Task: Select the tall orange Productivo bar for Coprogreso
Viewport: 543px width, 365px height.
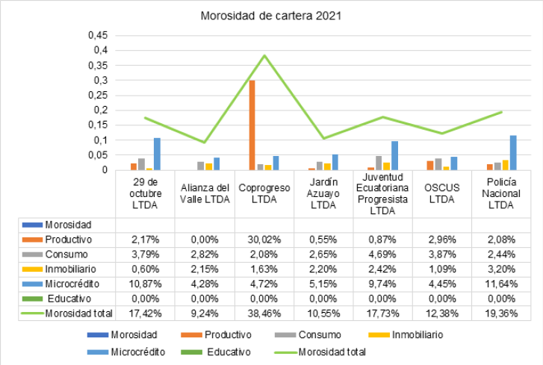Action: coord(252,125)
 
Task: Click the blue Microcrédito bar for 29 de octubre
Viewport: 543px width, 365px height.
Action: coord(157,154)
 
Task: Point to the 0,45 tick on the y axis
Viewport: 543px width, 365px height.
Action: coord(99,35)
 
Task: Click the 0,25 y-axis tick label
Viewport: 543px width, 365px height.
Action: coord(99,95)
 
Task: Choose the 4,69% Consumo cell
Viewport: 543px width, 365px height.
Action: coord(382,254)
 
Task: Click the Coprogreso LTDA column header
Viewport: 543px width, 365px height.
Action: coord(264,193)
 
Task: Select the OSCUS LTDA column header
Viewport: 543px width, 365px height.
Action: coord(441,193)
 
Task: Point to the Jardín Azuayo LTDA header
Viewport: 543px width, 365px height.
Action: coord(323,193)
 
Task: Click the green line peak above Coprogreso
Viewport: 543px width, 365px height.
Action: coord(264,55)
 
